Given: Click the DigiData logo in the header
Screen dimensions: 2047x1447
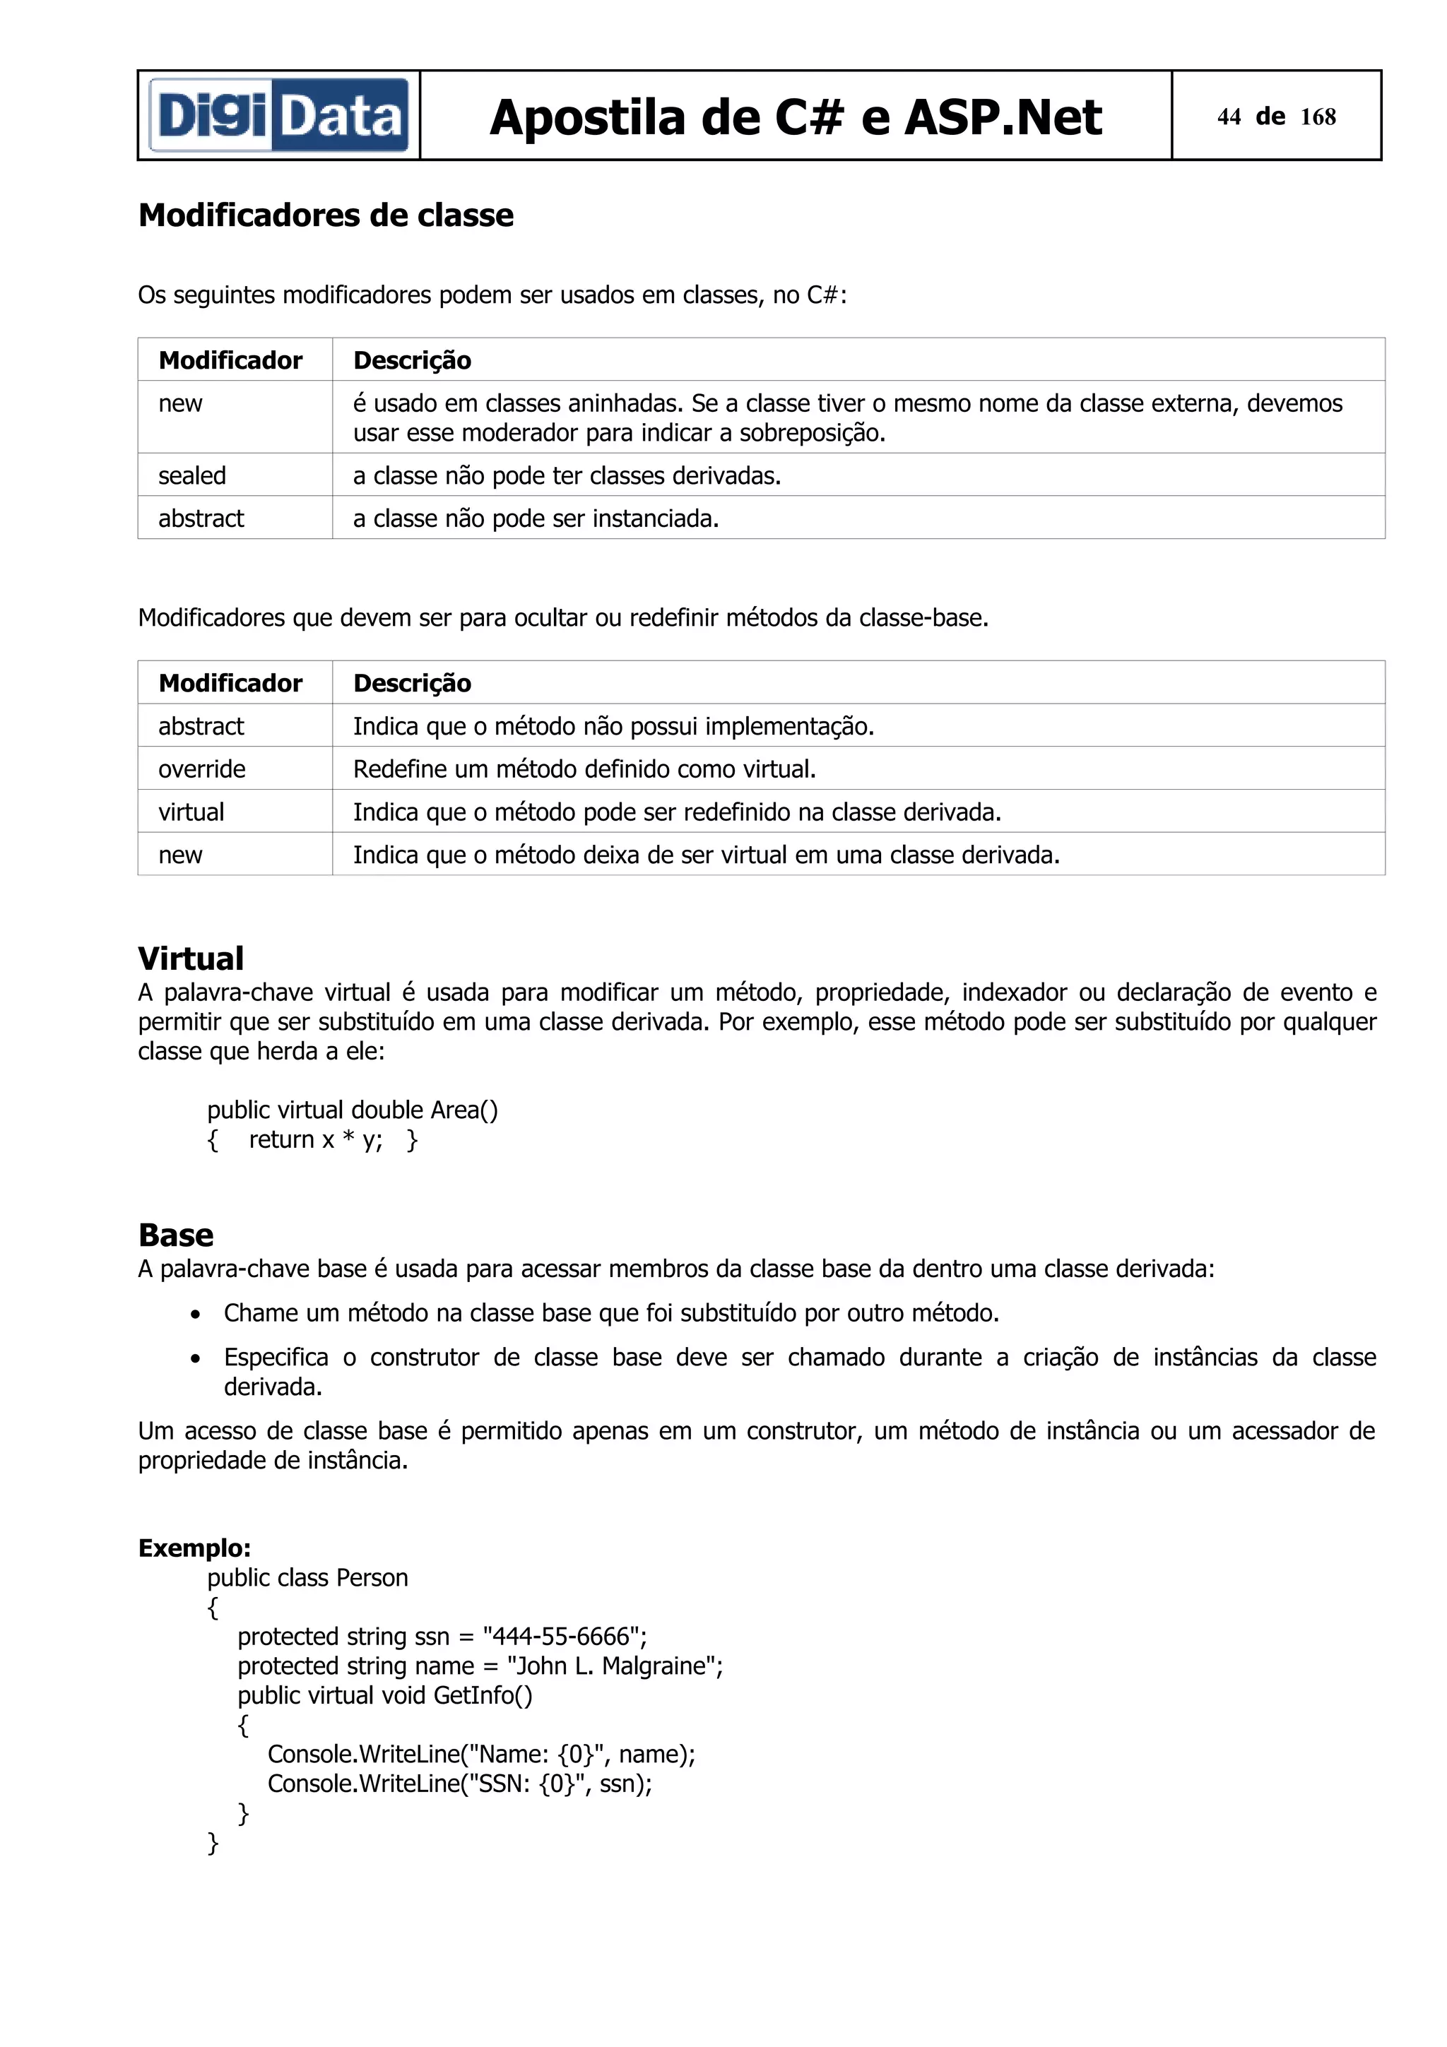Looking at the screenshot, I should pos(279,116).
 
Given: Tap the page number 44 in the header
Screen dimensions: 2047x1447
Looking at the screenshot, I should pos(1229,117).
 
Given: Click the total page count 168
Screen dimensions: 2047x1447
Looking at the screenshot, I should pos(1318,117).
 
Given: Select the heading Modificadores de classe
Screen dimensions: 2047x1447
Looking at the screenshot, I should pos(326,215).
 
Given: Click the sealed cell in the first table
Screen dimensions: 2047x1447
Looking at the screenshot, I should pos(191,475).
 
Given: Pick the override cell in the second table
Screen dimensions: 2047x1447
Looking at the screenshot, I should pos(201,769).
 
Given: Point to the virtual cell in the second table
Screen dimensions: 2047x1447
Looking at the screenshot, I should pos(191,812).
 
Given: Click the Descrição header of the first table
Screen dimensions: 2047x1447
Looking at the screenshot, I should pos(412,360).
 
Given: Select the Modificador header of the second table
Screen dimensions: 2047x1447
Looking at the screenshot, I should pos(230,683).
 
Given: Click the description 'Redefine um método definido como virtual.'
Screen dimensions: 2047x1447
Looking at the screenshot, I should pos(584,769).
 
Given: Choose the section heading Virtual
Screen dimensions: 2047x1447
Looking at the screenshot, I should pos(191,959).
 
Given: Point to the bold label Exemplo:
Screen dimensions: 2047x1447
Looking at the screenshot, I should pos(194,1548).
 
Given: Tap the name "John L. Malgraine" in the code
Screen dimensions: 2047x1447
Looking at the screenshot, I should pos(613,1666).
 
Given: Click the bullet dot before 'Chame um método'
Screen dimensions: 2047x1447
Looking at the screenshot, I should pos(195,1314).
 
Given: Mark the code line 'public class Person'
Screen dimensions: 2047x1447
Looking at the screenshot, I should pos(307,1577).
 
